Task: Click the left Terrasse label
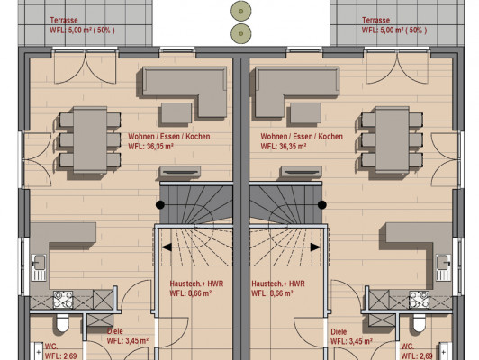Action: point(64,20)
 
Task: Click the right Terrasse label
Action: point(375,20)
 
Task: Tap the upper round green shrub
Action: point(241,11)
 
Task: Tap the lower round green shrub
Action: point(241,33)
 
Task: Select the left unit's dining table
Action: point(90,139)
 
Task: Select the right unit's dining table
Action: point(393,139)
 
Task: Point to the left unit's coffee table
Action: point(176,113)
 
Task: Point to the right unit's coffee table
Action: point(305,113)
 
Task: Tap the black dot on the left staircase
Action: point(160,205)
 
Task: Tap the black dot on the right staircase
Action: point(322,205)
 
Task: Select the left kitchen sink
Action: point(39,267)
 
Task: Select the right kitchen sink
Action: point(444,267)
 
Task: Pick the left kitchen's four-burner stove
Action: point(63,300)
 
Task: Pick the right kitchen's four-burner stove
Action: point(420,300)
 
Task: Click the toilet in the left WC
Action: point(63,323)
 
